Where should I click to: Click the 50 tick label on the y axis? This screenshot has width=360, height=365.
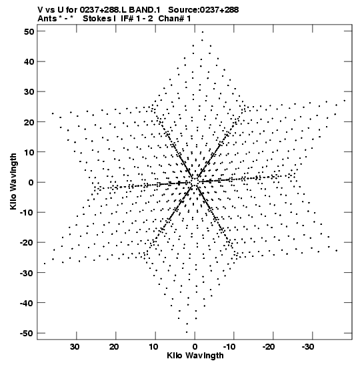(x=29, y=31)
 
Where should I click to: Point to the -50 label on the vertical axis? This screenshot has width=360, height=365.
(x=27, y=334)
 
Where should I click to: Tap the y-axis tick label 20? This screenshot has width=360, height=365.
(x=29, y=122)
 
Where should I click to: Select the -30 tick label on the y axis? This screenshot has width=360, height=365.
(x=27, y=273)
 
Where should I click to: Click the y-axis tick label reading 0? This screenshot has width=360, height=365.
(x=31, y=182)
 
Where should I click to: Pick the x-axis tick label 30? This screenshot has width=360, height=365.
(x=75, y=347)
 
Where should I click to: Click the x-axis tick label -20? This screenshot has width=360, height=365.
(x=269, y=347)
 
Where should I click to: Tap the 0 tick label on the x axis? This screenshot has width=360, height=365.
(x=195, y=347)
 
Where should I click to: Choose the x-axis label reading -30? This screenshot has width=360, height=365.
(x=309, y=347)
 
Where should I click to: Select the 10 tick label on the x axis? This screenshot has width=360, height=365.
(x=153, y=347)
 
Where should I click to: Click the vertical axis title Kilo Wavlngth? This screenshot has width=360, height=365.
(x=13, y=181)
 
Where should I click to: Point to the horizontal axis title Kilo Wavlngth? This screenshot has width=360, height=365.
(x=195, y=356)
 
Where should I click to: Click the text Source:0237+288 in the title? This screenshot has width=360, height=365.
(x=203, y=10)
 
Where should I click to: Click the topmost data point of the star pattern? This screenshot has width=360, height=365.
(x=203, y=32)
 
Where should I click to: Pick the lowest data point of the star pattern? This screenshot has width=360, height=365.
(x=187, y=332)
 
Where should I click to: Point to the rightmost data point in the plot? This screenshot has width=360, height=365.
(x=345, y=101)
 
